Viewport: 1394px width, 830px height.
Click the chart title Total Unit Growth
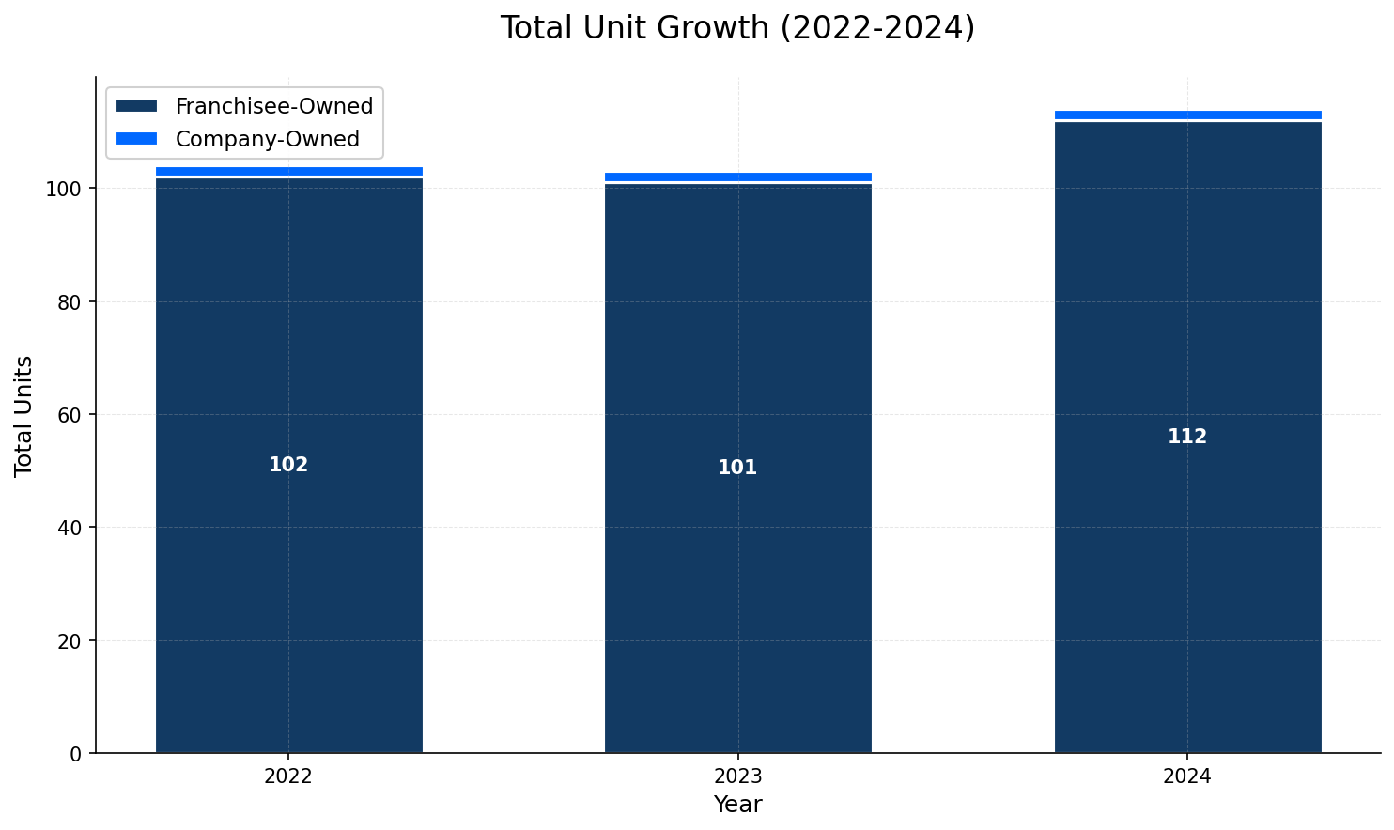737,28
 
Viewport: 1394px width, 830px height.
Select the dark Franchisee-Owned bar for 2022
288,563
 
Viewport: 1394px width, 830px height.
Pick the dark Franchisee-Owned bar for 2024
1187,563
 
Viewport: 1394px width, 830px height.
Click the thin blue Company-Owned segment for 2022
288,172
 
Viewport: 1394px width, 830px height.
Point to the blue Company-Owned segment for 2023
737,177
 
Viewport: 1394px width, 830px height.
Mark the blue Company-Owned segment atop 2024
1187,115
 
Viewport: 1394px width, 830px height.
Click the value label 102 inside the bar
288,465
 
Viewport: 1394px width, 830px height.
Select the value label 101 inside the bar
737,468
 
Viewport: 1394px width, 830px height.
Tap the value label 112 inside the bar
1187,437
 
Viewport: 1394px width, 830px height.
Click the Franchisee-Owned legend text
274,106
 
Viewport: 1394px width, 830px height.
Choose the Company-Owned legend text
268,139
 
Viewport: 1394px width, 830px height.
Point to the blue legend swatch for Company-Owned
136,139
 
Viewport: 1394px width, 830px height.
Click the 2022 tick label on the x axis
288,776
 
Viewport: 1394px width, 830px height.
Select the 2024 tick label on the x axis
1187,776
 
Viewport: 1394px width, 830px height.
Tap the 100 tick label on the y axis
70,189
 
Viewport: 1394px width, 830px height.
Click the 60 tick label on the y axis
75,415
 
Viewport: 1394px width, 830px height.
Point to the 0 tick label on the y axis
80,753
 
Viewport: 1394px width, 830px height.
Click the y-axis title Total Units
24,415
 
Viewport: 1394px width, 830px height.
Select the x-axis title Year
737,805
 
